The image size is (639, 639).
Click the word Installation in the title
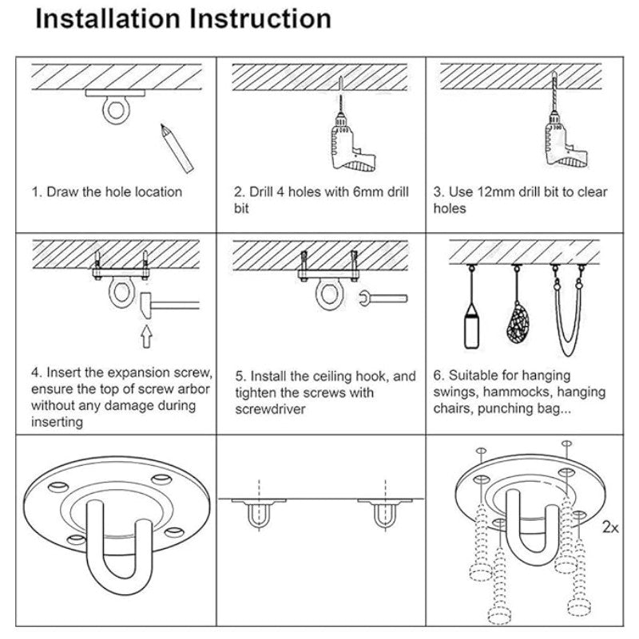tap(108, 19)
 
